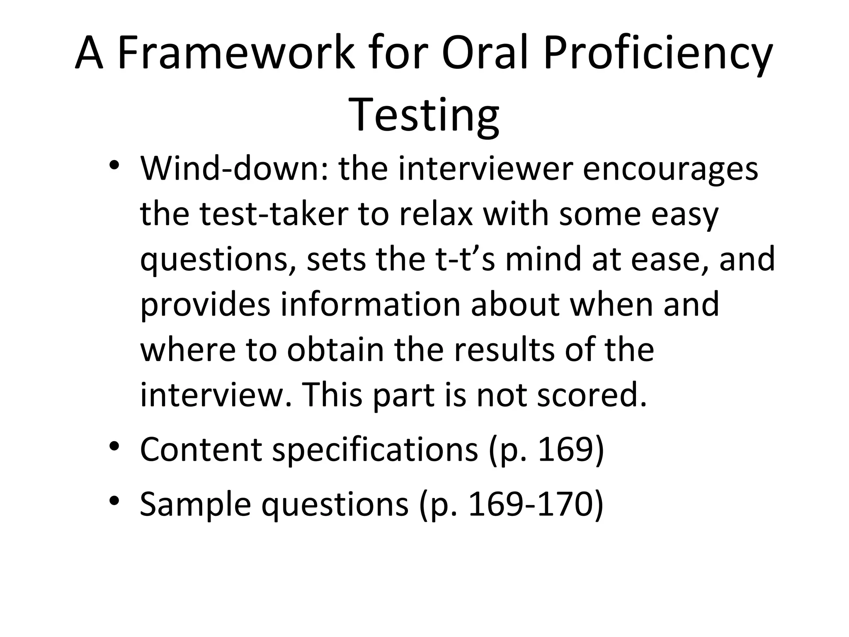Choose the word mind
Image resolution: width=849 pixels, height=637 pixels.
pyautogui.click(x=543, y=259)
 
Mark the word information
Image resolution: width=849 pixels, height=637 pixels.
pyautogui.click(x=371, y=304)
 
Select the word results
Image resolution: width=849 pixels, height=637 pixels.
pyautogui.click(x=504, y=350)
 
